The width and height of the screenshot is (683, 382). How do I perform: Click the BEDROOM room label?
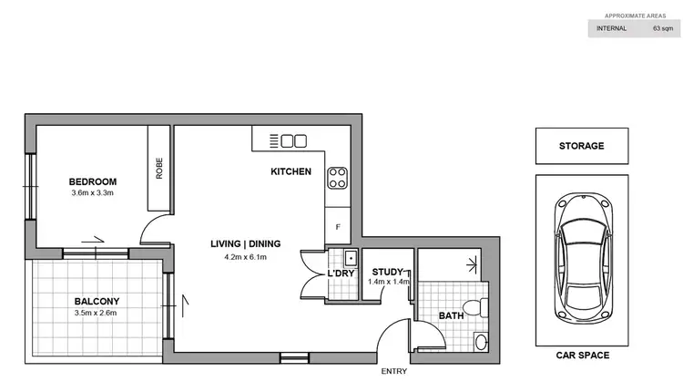(93, 181)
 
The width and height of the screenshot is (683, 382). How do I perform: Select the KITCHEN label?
(291, 171)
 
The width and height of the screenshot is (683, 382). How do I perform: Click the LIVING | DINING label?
(245, 243)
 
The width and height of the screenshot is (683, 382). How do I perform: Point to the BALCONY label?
(97, 301)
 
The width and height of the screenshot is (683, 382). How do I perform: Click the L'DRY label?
(341, 274)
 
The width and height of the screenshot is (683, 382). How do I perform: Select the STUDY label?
(387, 270)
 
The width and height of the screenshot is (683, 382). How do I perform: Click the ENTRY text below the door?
(394, 372)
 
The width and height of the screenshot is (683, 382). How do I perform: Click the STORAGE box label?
(581, 145)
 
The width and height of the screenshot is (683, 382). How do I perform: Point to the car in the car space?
(581, 253)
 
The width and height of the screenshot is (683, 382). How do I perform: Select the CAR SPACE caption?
(581, 356)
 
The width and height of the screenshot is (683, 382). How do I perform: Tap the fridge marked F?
(338, 226)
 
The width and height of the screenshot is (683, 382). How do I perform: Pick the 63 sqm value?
(662, 28)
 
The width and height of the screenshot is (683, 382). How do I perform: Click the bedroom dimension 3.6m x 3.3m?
(93, 192)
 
